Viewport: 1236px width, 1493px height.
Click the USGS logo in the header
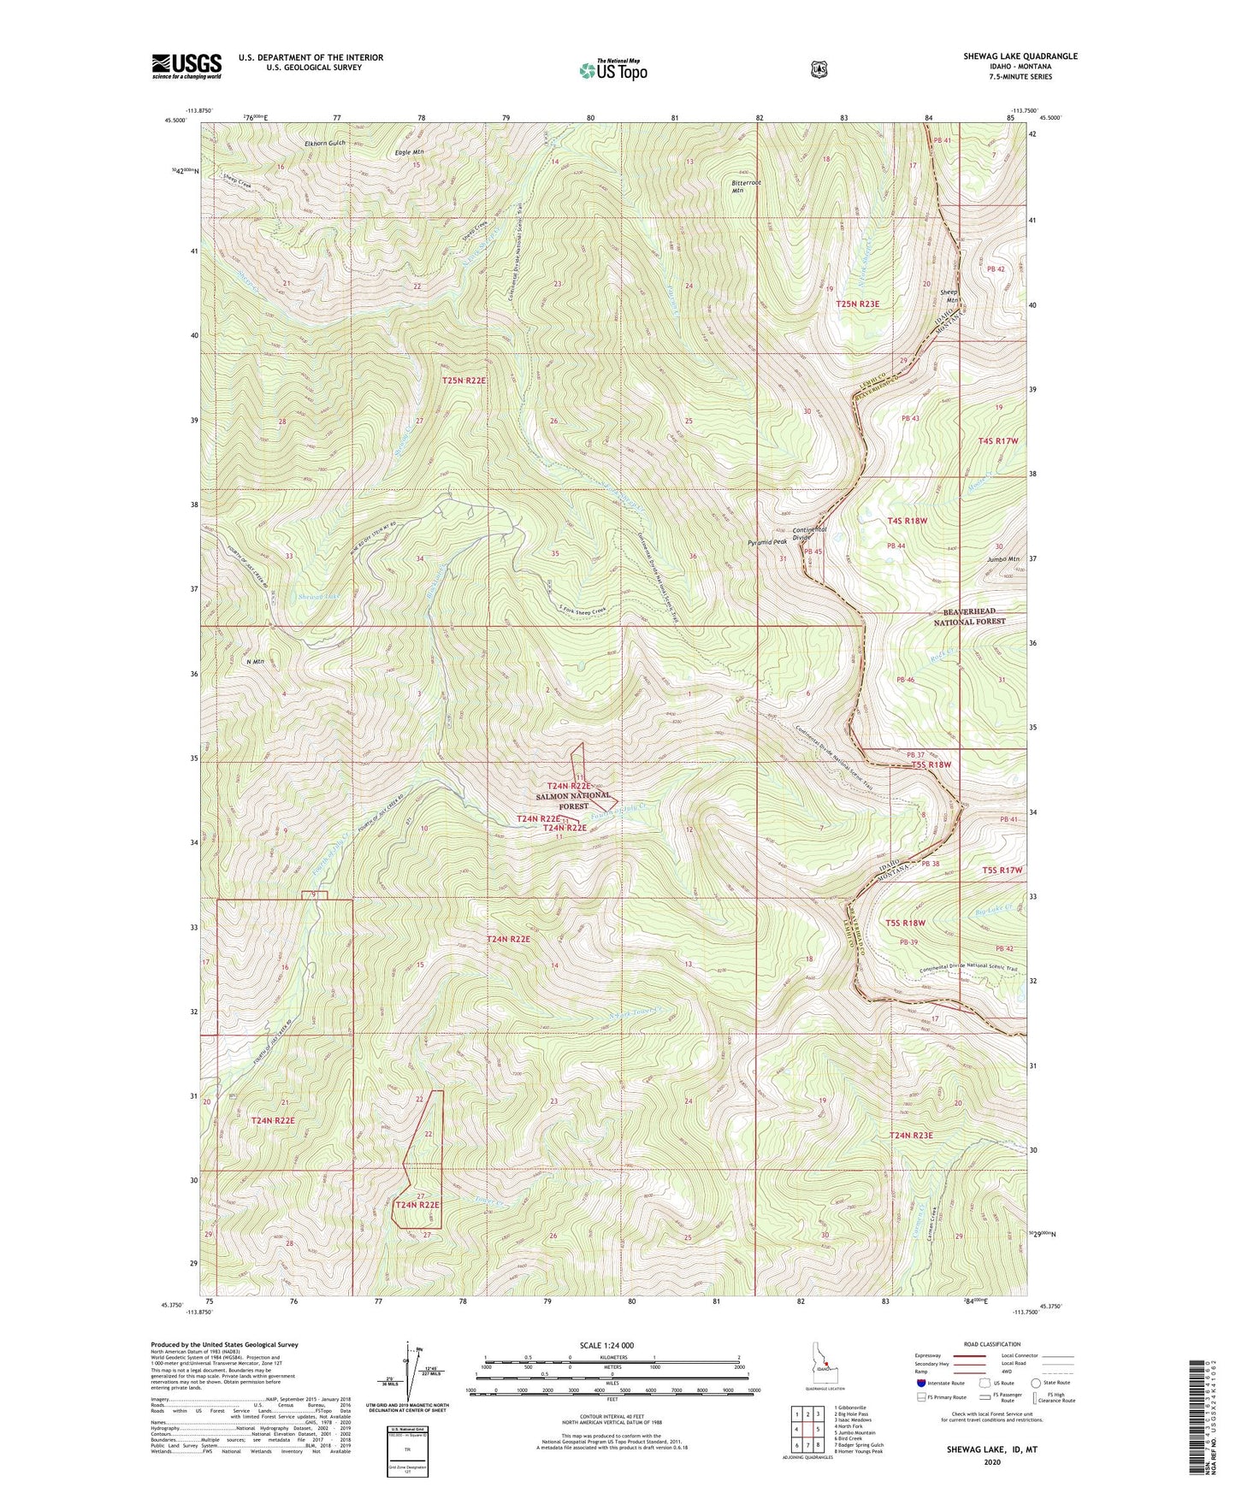click(x=186, y=66)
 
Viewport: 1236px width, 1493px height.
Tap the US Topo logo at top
click(x=612, y=70)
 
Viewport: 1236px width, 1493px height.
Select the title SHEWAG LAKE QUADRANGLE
click(x=1008, y=56)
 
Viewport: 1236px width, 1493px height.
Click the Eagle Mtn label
click(x=410, y=152)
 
